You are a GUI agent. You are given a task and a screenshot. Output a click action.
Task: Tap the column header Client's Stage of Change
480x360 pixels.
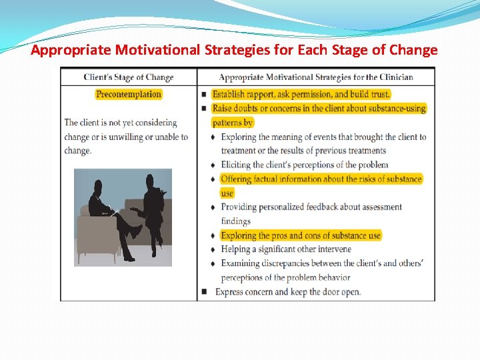click(129, 77)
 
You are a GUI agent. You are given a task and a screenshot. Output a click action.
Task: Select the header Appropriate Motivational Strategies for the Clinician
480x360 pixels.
click(316, 77)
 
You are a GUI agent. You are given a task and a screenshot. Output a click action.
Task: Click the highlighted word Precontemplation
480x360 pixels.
click(129, 94)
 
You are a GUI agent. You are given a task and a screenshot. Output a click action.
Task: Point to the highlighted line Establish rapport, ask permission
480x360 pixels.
click(301, 94)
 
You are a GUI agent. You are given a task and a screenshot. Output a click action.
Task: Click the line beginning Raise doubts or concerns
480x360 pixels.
click(319, 108)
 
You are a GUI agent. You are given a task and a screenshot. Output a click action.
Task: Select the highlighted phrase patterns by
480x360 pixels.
click(233, 123)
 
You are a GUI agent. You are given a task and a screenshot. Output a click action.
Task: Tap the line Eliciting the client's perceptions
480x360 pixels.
click(304, 165)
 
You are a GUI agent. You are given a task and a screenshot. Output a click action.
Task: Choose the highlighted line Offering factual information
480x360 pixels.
click(321, 179)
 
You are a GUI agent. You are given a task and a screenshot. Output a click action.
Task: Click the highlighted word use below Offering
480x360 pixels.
click(227, 193)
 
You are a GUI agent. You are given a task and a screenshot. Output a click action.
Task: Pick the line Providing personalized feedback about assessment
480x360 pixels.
click(311, 207)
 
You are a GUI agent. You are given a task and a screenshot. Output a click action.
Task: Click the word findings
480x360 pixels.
click(236, 221)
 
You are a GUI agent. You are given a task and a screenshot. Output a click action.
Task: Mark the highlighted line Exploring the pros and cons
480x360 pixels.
click(301, 235)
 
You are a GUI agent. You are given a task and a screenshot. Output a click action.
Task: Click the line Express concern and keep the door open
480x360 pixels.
click(287, 292)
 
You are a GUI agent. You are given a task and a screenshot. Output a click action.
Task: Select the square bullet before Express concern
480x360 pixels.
click(203, 292)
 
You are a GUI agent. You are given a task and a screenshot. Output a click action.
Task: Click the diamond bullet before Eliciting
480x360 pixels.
click(213, 165)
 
